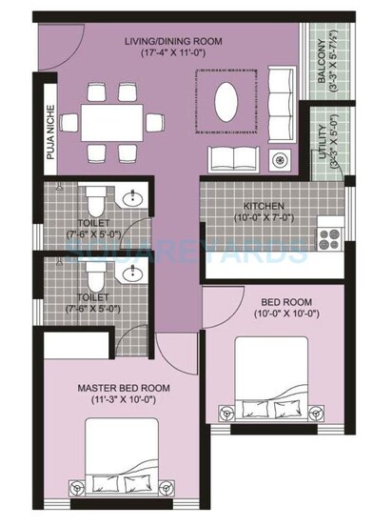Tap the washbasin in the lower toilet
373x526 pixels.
tap(131, 276)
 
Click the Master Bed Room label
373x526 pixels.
tap(124, 388)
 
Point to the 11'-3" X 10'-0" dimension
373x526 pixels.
tap(124, 401)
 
